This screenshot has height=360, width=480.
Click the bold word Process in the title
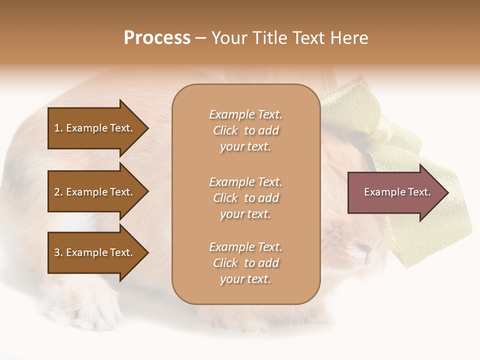(157, 38)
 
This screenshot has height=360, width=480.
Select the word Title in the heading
(269, 38)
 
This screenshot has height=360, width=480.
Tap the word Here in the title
(348, 38)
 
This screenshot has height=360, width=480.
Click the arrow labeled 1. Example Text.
(95, 128)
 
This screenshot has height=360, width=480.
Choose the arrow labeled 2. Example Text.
(95, 192)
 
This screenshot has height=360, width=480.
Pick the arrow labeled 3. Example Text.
(95, 252)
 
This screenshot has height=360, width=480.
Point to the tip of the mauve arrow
(447, 192)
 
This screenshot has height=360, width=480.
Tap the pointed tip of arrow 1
(147, 128)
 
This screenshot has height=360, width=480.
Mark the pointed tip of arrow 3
(147, 252)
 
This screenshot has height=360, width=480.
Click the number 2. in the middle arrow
(58, 192)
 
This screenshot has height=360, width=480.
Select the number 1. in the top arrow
(58, 128)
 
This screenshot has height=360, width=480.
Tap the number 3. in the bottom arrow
(58, 252)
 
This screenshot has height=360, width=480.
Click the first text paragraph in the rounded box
(245, 130)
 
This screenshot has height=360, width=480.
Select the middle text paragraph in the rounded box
(245, 198)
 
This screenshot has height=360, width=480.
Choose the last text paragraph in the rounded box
(245, 263)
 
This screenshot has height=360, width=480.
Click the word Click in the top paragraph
(225, 130)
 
